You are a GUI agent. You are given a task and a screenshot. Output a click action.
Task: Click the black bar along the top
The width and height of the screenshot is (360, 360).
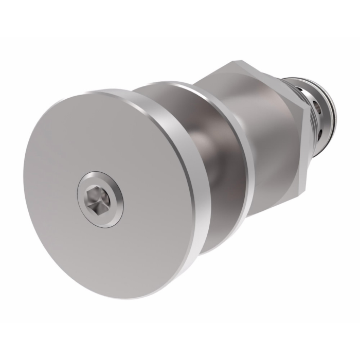pos(180,18)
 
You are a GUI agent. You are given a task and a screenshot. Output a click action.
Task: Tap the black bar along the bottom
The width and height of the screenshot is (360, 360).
pos(180,342)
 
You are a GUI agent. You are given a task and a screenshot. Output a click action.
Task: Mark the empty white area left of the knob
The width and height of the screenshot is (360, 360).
pos(13,180)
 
